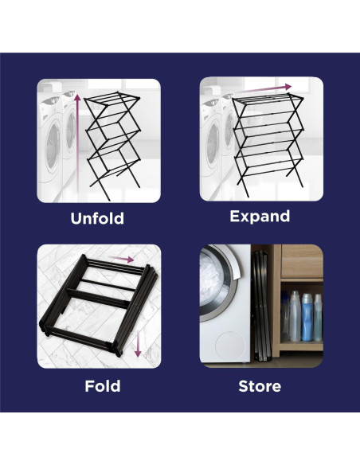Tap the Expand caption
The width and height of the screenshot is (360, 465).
[260, 217]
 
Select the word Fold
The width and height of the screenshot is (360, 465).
[103, 386]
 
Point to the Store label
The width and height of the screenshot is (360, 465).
[260, 386]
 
